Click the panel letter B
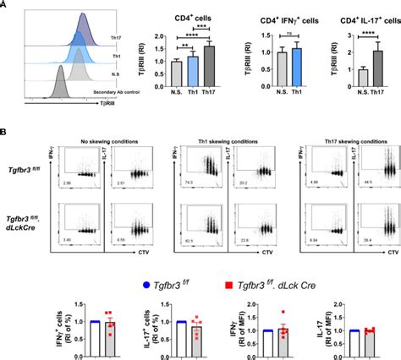pos(6,132)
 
